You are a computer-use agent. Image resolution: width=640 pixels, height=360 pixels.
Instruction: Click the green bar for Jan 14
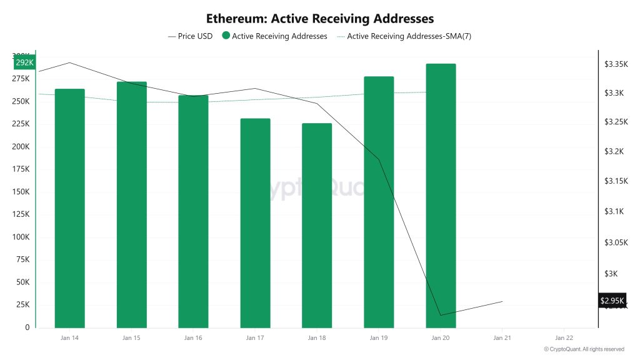coord(69,208)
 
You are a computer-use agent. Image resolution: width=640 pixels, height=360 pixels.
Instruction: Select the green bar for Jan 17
coord(255,223)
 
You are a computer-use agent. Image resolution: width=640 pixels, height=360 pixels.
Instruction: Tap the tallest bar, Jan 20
coord(441,196)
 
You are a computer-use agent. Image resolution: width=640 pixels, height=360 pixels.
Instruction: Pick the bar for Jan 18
coord(317,226)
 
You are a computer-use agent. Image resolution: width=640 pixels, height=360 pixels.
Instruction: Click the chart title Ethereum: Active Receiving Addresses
coord(320,19)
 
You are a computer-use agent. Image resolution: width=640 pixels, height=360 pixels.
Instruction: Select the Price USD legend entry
coord(191,36)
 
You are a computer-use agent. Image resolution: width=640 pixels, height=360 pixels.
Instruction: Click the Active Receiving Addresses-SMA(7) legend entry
coord(404,36)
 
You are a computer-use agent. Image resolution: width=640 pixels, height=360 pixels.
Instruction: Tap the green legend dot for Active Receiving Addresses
coord(226,36)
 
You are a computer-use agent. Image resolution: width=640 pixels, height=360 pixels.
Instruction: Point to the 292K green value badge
coord(24,63)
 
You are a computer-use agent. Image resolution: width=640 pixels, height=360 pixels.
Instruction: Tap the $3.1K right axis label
coord(614,212)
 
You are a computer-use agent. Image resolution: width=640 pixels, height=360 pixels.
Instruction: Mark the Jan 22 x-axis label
coord(564,338)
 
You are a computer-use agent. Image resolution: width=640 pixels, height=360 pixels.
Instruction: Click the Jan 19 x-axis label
coord(379,338)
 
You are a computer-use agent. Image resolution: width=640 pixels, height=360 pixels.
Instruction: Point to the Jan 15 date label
coord(131,338)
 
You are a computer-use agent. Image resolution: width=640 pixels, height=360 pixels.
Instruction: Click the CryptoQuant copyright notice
coord(584,349)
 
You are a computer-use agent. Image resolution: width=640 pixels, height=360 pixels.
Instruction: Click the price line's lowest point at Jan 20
coord(441,315)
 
